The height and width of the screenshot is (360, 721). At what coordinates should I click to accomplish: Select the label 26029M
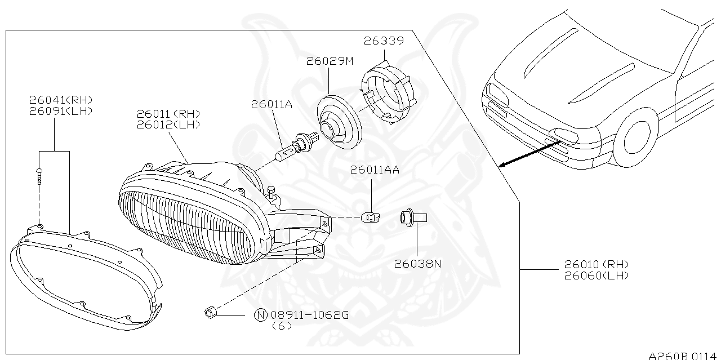(330, 61)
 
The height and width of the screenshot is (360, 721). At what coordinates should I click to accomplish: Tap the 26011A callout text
(272, 104)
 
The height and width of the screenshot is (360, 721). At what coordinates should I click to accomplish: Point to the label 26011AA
(375, 170)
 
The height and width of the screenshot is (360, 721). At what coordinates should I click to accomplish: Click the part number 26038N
(417, 263)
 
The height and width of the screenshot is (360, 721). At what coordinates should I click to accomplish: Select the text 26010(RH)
(596, 264)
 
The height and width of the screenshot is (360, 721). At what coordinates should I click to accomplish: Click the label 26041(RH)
(61, 100)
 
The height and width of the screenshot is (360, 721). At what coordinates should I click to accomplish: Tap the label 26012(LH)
(168, 125)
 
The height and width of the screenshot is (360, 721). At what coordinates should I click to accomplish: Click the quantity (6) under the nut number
(282, 326)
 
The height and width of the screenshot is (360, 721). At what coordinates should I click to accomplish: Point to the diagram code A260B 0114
(684, 355)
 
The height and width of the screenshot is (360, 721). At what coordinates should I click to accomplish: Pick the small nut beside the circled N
(209, 312)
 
